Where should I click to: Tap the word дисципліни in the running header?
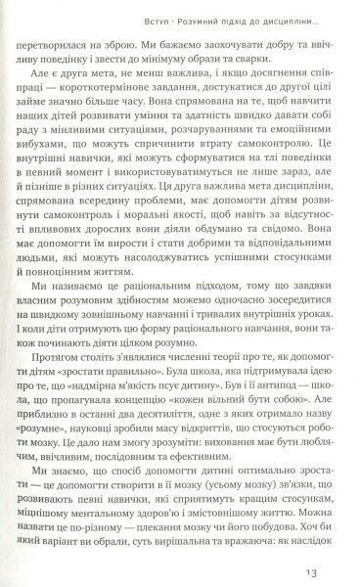click(293, 20)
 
